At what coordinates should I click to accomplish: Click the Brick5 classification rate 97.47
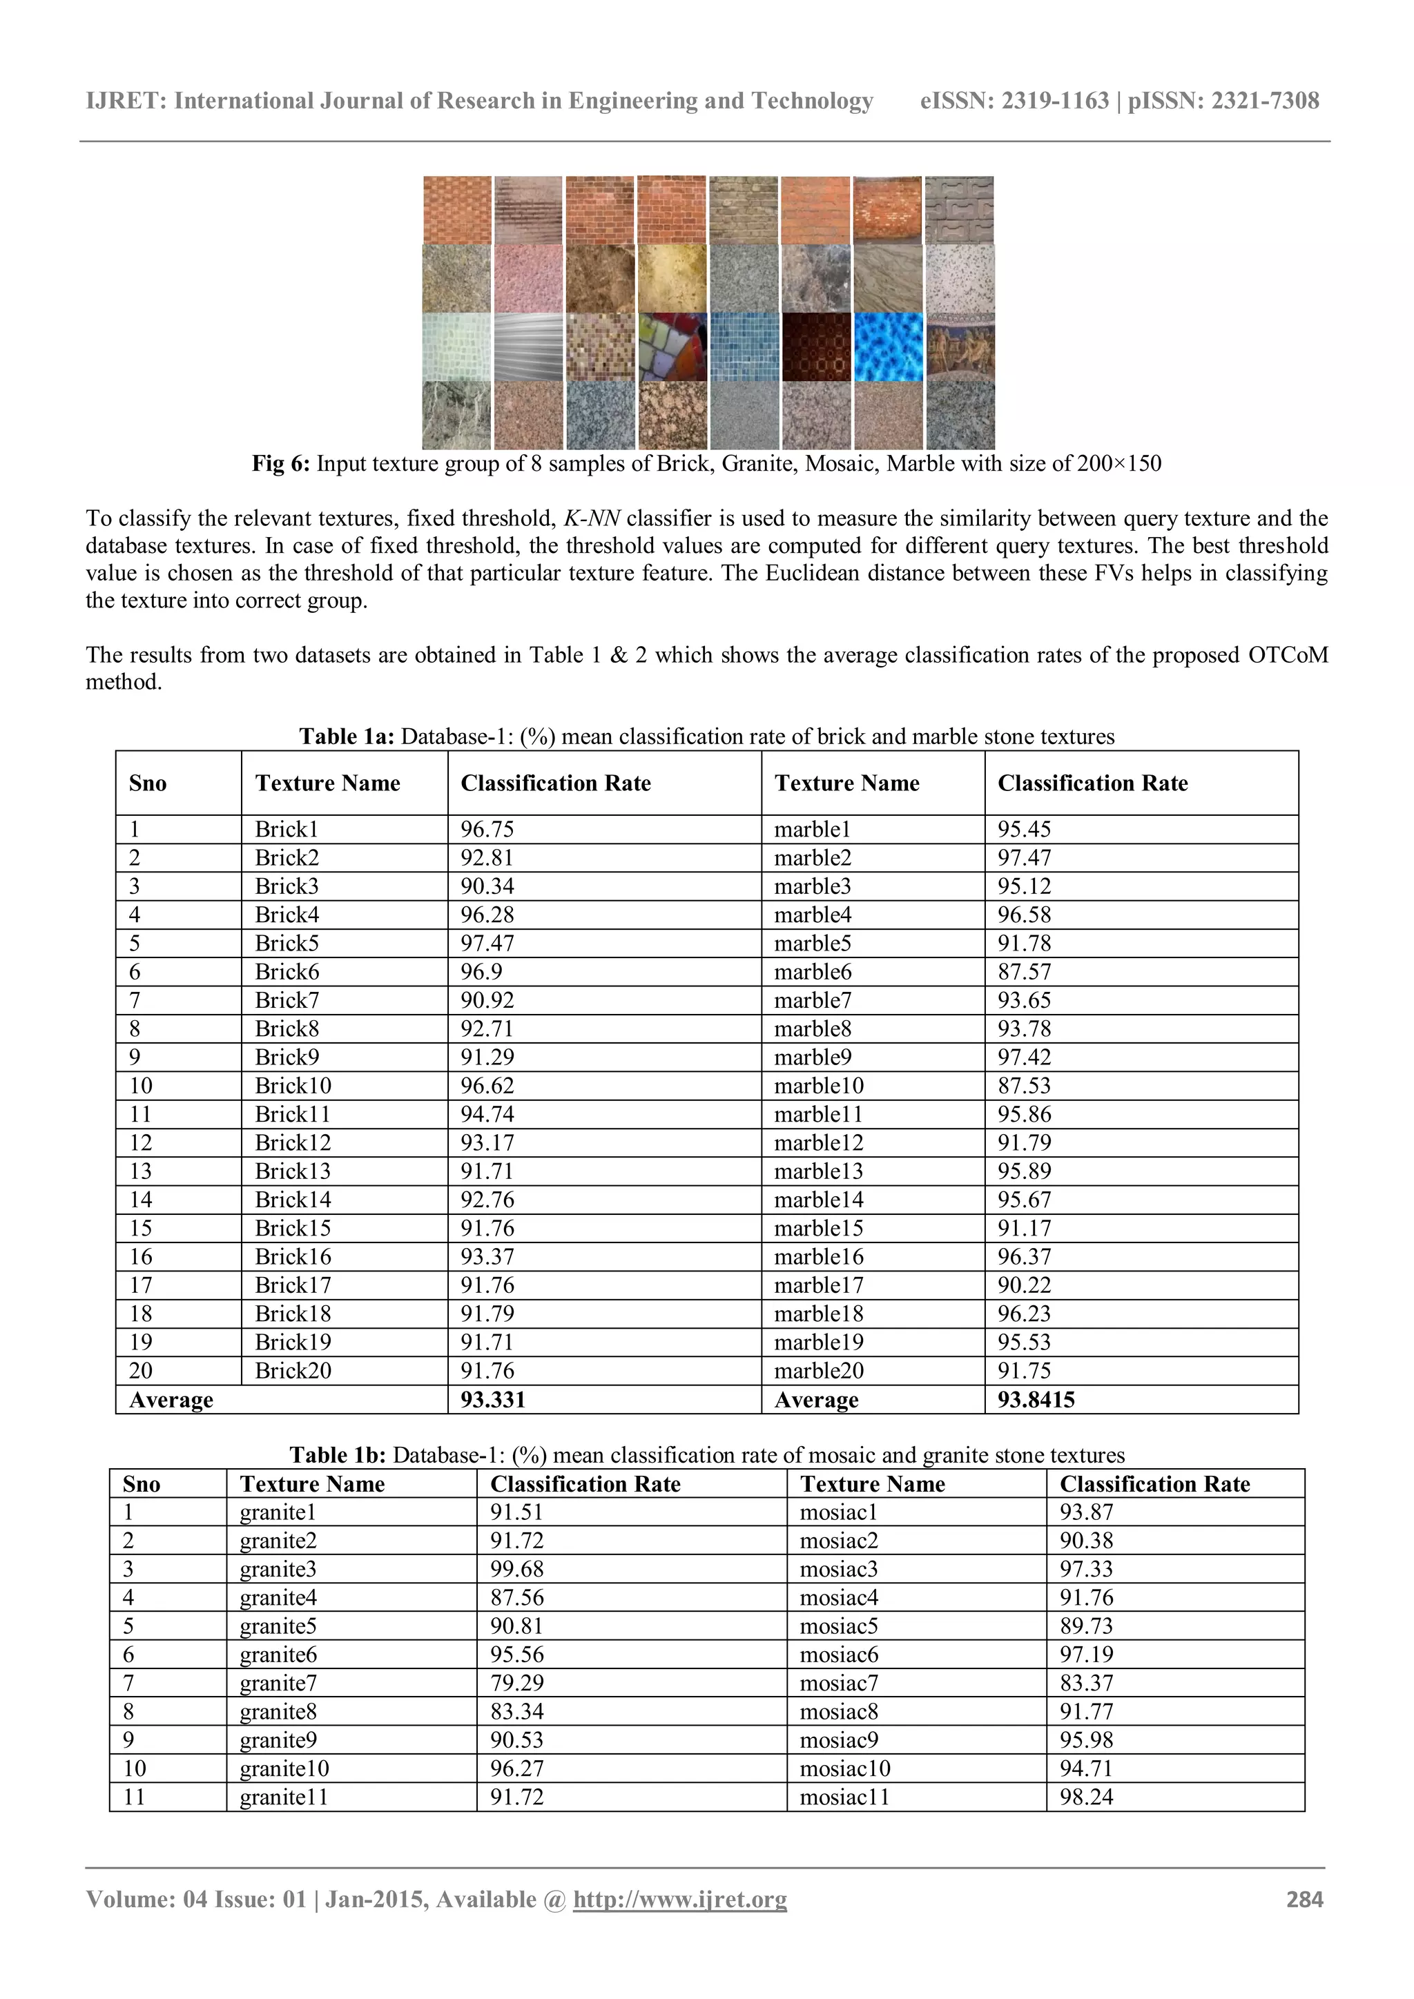click(487, 944)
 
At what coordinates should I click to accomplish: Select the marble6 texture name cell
click(813, 973)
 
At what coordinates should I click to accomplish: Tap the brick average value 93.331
click(493, 1400)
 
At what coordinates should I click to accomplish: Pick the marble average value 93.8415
click(1036, 1400)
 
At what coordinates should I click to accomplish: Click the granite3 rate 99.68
click(516, 1569)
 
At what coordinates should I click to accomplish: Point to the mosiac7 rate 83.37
click(1086, 1683)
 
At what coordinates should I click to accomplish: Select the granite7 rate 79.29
click(516, 1683)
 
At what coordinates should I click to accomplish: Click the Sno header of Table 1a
click(148, 783)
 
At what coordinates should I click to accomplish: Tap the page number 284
click(1304, 1900)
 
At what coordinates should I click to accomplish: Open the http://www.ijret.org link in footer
click(679, 1900)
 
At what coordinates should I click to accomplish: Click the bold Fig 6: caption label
click(280, 463)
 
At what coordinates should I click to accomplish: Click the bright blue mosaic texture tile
click(888, 347)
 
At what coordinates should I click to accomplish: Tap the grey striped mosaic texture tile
click(528, 347)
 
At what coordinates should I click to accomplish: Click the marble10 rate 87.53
click(1024, 1086)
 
